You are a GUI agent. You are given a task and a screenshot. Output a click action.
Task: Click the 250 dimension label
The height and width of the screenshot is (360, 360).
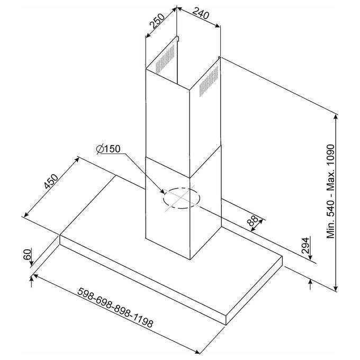157,21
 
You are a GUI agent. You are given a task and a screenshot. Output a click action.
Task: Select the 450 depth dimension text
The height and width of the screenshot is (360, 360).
51,182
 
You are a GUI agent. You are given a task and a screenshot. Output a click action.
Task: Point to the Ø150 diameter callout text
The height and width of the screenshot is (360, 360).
108,149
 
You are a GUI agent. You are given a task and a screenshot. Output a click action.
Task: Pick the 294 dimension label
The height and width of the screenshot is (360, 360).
305,246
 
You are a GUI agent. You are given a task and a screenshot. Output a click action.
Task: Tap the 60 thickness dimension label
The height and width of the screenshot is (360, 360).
27,254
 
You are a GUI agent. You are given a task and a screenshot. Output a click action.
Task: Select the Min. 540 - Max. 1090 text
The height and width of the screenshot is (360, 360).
331,191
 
